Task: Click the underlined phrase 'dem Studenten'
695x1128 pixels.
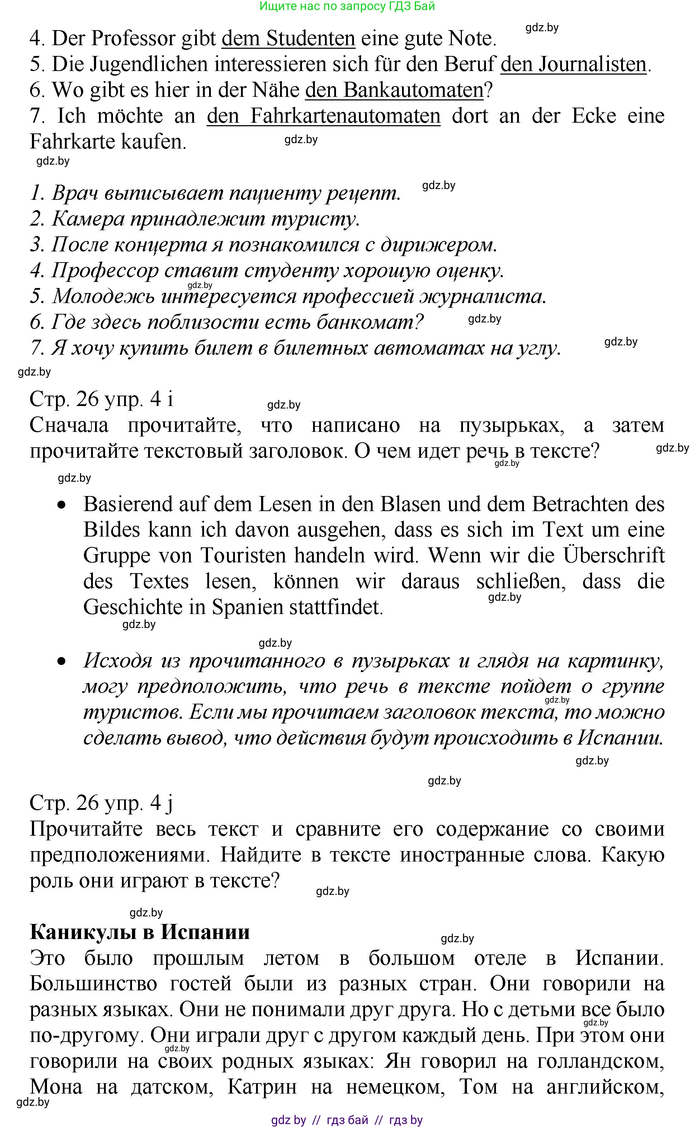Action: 288,39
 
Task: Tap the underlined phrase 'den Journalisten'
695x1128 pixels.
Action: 573,64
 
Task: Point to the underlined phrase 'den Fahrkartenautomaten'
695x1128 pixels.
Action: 323,116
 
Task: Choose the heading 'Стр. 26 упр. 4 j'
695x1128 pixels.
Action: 101,803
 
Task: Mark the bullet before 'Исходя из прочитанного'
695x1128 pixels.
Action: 62,662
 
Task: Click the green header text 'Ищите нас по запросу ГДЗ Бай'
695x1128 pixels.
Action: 347,6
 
